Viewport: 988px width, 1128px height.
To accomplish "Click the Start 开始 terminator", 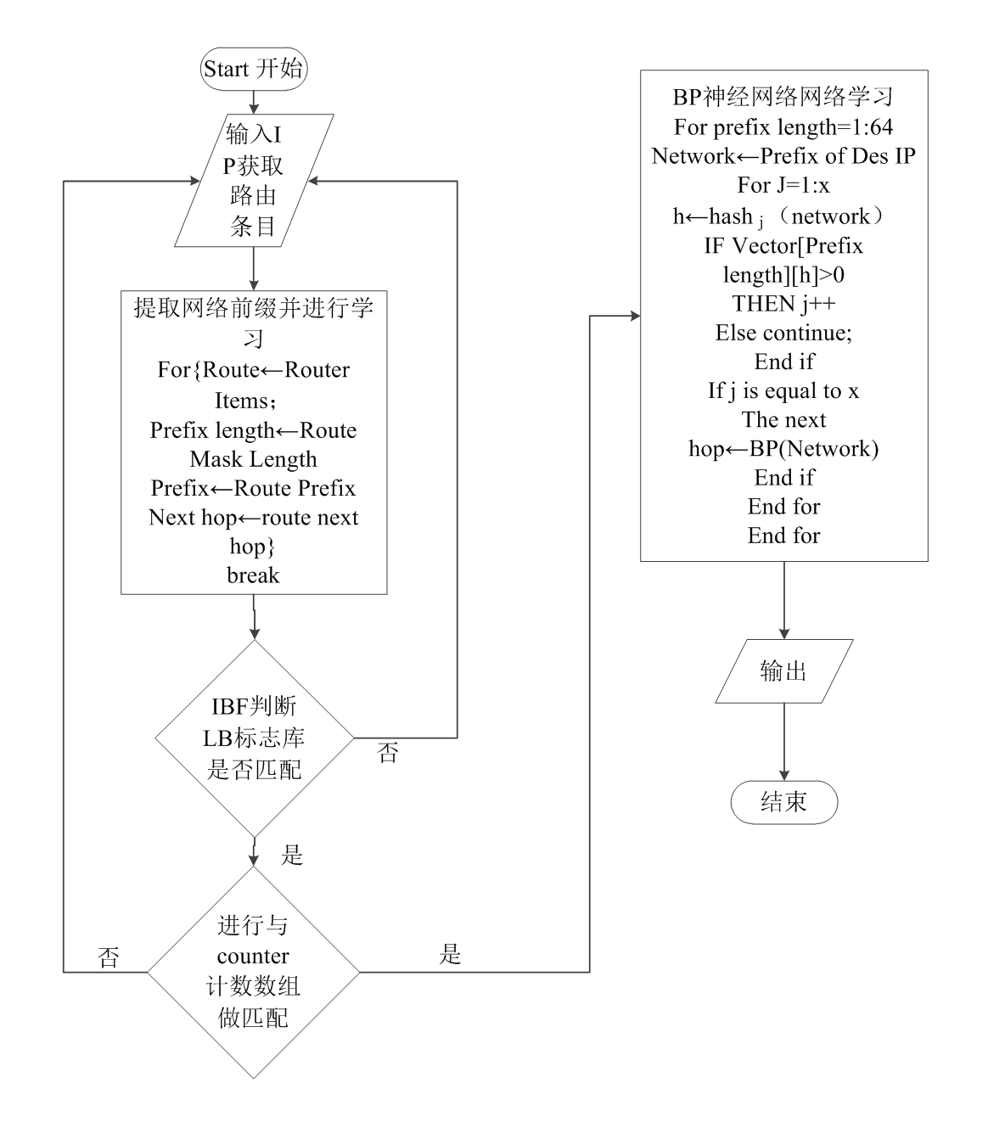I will coord(254,69).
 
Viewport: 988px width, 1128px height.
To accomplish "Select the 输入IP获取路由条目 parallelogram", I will coord(254,181).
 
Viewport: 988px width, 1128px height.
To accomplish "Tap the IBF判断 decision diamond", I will coord(255,738).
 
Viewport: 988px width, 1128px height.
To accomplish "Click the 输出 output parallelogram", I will coord(783,671).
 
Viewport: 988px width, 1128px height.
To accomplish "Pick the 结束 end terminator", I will coord(784,802).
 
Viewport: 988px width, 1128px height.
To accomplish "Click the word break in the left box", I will coord(253,575).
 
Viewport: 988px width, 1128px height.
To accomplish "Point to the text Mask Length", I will coord(253,459).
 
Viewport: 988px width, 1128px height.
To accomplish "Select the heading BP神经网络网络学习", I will coord(783,98).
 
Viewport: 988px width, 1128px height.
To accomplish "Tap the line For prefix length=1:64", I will coord(783,127).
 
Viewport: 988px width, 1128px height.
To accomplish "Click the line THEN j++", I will coord(783,304).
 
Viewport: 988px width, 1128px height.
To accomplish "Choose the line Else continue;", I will coord(783,333).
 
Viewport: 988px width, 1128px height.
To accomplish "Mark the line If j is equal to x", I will coord(783,390).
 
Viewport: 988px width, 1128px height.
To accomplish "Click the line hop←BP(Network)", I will coord(783,448).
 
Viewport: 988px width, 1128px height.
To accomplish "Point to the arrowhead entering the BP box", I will coord(634,316).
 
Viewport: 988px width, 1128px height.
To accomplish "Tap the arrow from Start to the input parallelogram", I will coord(253,99).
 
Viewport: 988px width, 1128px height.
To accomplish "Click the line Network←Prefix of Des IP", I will coord(783,156).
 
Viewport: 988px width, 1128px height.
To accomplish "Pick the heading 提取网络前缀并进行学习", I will coord(253,308).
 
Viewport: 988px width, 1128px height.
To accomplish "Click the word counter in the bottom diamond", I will coord(253,957).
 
